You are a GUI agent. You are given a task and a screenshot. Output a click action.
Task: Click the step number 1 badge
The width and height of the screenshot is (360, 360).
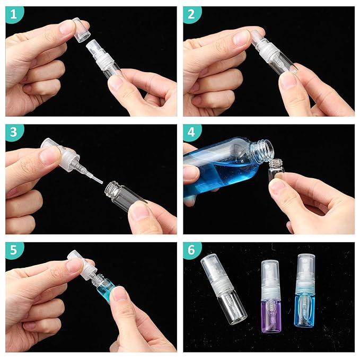tap(14, 15)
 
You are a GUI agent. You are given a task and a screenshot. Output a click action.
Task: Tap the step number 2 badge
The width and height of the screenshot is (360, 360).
tap(192, 15)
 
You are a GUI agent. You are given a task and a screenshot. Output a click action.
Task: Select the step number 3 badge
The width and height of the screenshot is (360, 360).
tap(14, 133)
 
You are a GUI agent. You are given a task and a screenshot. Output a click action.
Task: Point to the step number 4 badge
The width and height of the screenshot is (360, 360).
tap(192, 133)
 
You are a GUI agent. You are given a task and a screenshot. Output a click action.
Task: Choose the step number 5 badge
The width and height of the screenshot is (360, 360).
tap(14, 251)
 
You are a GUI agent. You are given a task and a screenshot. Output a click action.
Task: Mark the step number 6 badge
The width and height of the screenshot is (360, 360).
tap(192, 251)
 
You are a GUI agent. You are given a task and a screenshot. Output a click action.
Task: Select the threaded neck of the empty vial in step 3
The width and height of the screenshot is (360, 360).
tap(112, 188)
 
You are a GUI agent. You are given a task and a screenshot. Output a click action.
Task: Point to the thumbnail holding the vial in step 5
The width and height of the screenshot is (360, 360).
tap(120, 293)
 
